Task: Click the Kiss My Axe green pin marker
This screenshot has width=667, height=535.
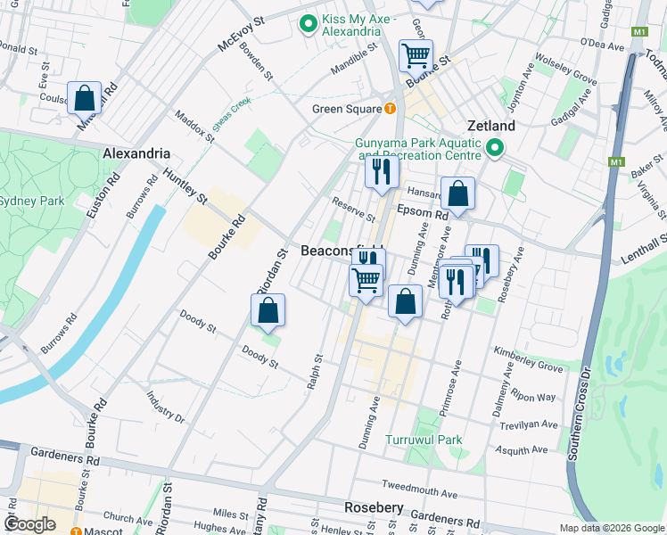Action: coord(309,24)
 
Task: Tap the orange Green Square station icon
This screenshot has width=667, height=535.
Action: coord(390,109)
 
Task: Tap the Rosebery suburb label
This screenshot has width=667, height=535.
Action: coord(374,508)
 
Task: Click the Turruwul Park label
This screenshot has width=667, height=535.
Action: coord(424,440)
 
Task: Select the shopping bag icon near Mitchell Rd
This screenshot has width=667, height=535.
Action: coord(84,99)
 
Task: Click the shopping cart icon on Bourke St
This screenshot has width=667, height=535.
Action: coord(416,56)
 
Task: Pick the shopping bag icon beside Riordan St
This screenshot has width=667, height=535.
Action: coord(268,311)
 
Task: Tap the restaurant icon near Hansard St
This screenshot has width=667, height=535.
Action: coord(382,170)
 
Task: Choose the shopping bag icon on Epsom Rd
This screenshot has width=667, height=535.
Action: coord(457,193)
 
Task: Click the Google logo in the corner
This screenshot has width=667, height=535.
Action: coord(29,524)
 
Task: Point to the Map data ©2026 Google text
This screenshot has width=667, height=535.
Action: coord(611,527)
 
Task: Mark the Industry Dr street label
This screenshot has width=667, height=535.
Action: coord(166,407)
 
